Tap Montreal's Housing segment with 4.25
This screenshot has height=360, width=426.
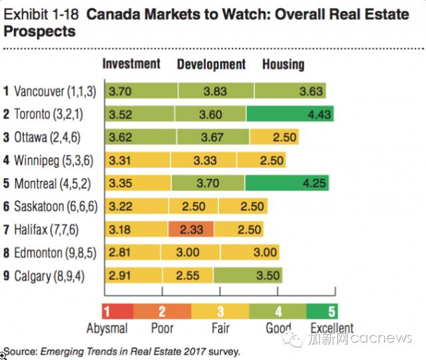(290, 183)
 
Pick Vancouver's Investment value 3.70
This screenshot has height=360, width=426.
(120, 92)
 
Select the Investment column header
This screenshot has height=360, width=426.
(131, 64)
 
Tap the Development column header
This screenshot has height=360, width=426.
(211, 65)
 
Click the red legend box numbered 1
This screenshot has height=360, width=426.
(112, 311)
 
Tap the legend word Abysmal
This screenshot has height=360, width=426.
(107, 329)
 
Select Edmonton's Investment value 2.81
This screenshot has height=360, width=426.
(120, 252)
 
